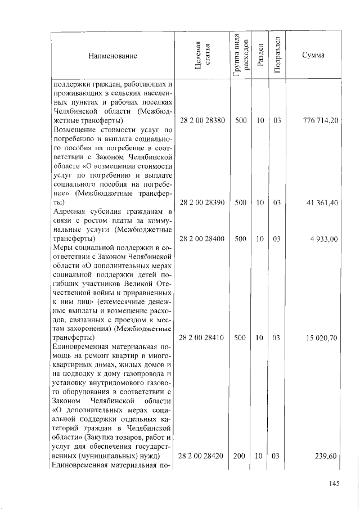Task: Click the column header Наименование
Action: pos(112,56)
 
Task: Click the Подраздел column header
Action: pos(276,55)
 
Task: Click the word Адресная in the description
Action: pos(68,212)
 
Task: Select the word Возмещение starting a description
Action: pos(75,130)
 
